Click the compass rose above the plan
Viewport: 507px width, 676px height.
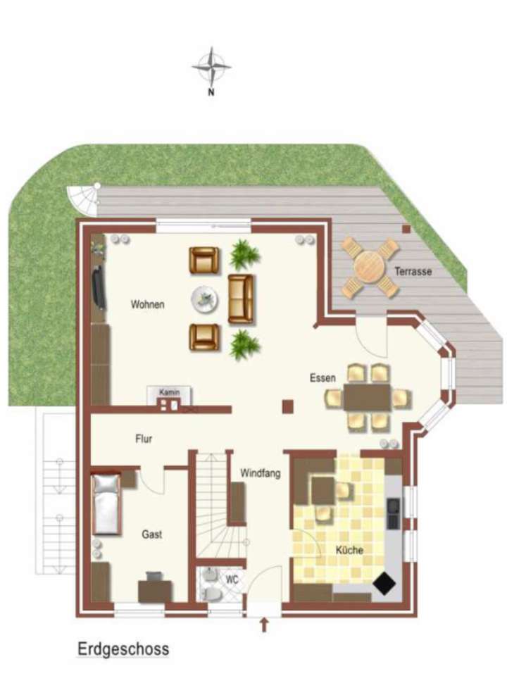[x=211, y=68]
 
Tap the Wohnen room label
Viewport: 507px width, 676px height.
[x=147, y=305]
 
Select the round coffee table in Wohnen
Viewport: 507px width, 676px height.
[x=205, y=299]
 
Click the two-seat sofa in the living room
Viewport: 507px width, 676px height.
[x=241, y=299]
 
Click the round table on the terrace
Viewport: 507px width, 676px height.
[x=370, y=268]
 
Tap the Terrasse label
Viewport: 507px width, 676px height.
[x=413, y=271]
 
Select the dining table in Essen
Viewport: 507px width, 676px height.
[x=367, y=397]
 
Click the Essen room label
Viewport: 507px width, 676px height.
[x=323, y=378]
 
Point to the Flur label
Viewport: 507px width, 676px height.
[x=144, y=439]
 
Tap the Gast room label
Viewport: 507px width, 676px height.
[x=152, y=534]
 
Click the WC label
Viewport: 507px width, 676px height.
[x=232, y=580]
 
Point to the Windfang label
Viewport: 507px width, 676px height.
[x=260, y=473]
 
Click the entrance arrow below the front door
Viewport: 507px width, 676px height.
[x=265, y=625]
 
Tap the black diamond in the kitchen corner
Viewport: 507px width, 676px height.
[x=384, y=584]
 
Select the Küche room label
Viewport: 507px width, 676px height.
[x=350, y=550]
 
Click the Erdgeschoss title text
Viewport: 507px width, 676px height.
[x=123, y=649]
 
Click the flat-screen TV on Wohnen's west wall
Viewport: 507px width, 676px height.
[x=101, y=287]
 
